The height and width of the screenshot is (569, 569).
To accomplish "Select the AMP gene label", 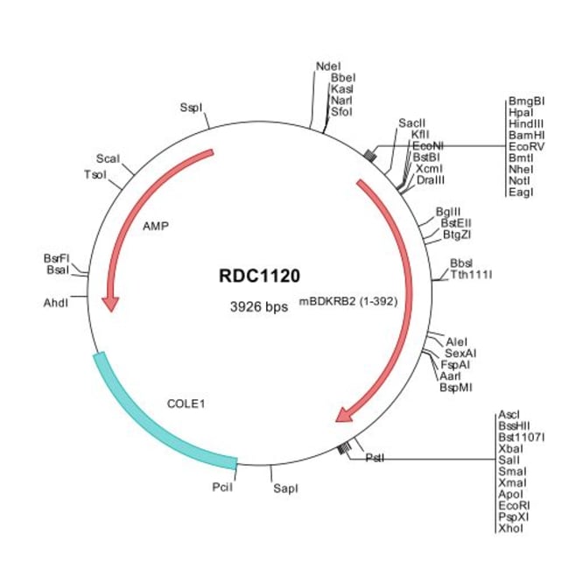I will pos(155,225).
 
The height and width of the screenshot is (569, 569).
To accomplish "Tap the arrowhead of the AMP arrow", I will pos(110,303).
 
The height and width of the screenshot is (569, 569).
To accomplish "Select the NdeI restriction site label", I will pos(328,66).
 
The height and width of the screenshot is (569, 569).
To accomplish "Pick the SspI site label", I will pos(191,108).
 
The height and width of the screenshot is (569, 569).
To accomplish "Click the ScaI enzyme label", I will pos(108,158).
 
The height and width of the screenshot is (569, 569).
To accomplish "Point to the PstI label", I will pos(375,457).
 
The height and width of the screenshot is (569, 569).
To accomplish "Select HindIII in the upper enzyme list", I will pos(525,123).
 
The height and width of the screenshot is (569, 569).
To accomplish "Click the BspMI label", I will pos(456,386).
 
